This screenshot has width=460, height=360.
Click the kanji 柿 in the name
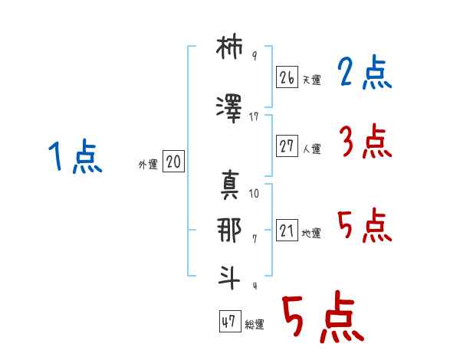[229, 47]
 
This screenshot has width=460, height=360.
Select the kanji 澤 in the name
[229, 109]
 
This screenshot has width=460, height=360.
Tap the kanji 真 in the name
[230, 185]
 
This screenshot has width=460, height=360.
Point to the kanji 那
[229, 230]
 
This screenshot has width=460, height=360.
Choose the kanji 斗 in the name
[229, 277]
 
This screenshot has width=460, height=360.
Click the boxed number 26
[287, 77]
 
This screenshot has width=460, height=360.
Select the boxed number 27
[287, 146]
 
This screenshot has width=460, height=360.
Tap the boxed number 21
[287, 230]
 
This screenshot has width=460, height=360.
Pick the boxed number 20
[173, 162]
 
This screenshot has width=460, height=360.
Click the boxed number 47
[230, 321]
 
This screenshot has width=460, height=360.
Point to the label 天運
[311, 80]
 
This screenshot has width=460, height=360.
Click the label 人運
[311, 149]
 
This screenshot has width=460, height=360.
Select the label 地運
[311, 233]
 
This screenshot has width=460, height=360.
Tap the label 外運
[148, 165]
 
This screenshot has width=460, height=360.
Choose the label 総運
[255, 324]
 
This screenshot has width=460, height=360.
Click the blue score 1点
[75, 156]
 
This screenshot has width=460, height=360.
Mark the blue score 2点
[365, 72]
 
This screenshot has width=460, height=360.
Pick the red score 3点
[366, 141]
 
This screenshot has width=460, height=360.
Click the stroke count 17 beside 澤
[254, 117]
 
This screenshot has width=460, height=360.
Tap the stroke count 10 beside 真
[254, 194]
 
